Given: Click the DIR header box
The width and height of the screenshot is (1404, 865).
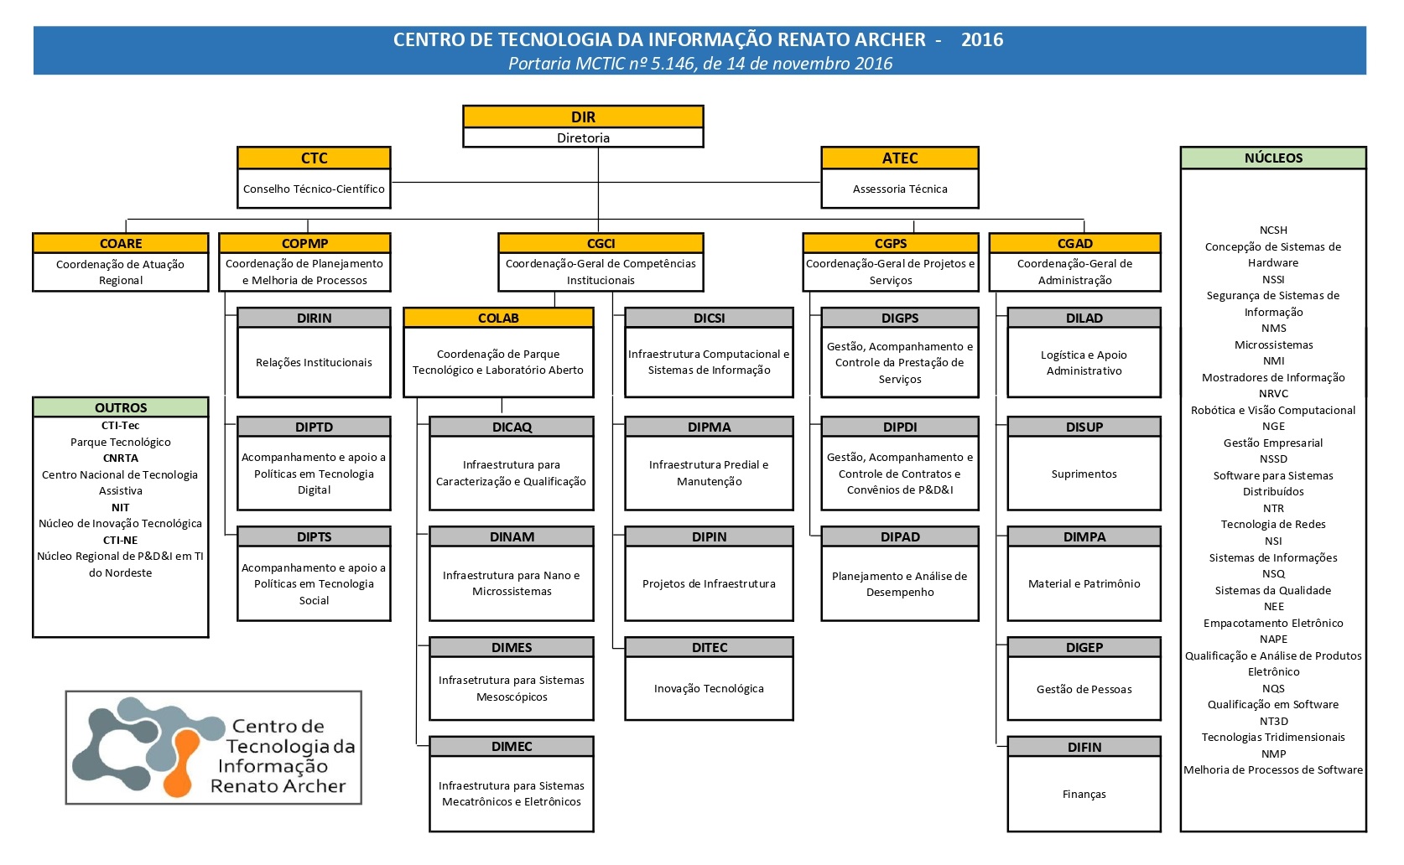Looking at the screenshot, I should click(x=583, y=117).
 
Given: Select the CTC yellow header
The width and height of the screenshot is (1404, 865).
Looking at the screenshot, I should click(x=314, y=158).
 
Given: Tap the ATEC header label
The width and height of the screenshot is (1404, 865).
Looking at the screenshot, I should click(x=899, y=158).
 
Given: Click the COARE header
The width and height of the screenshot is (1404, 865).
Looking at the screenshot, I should click(x=121, y=244).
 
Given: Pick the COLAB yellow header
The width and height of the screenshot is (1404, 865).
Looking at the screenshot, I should click(x=498, y=319).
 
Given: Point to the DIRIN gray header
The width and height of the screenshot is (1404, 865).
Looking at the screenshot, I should click(x=314, y=319).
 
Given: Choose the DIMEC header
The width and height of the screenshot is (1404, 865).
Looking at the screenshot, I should click(x=512, y=747).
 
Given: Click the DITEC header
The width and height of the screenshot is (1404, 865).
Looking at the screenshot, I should click(x=709, y=648).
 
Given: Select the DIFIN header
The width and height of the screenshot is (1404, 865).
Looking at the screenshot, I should click(x=1084, y=748).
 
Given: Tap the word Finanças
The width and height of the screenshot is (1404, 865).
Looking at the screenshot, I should click(x=1084, y=795).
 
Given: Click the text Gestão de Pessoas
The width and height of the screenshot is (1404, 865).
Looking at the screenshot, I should click(x=1084, y=690).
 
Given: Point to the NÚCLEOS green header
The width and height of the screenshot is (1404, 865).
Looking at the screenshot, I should click(x=1273, y=158).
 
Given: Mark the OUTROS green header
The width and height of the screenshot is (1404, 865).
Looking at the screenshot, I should click(x=121, y=408).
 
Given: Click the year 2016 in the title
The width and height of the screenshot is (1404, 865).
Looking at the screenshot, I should click(x=982, y=40).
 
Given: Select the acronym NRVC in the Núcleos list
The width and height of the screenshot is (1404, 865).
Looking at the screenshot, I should click(x=1273, y=394).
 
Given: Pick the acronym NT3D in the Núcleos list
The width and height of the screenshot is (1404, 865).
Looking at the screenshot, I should click(x=1273, y=722).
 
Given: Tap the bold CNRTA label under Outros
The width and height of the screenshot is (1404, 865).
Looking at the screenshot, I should click(x=121, y=458).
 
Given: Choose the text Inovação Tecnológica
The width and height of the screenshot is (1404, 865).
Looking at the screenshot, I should click(x=709, y=689).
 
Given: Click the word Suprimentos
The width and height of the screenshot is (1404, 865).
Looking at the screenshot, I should click(x=1084, y=474).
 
